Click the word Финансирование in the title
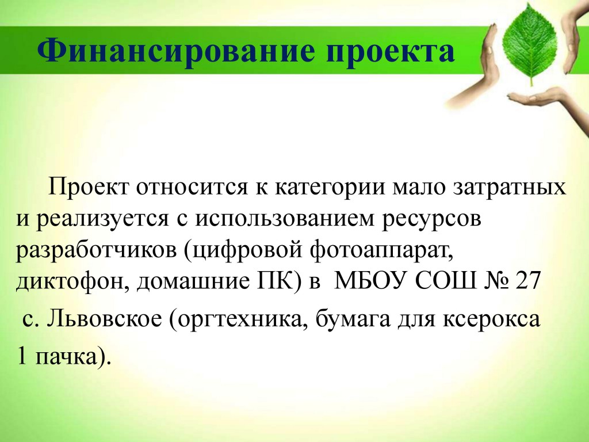coord(176,51)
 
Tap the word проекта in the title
coord(391,52)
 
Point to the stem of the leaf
coord(531,79)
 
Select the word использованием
coord(284,219)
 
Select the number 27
coord(528,281)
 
